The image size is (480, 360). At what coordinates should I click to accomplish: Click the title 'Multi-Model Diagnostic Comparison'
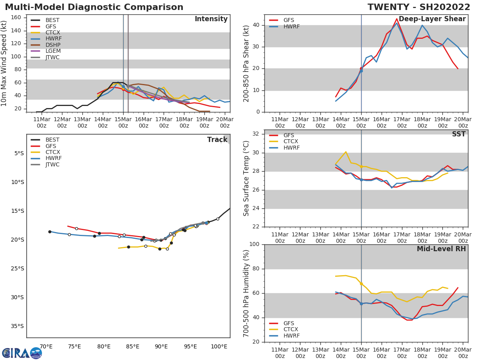tap(94, 7)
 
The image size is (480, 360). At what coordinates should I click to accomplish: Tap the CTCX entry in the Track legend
tap(52, 152)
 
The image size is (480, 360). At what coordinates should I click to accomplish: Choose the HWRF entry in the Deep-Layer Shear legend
tap(291, 26)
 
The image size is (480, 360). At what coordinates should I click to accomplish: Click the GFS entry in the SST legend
tap(288, 135)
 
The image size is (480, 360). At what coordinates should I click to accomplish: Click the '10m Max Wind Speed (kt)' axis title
tap(4, 63)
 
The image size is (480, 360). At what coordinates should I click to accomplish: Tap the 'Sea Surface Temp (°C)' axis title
tap(246, 178)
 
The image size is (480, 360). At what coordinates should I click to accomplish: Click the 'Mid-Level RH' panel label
tap(441, 249)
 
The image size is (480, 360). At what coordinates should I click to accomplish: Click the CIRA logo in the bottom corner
tap(22, 353)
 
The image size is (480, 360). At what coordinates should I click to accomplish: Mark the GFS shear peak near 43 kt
tap(396, 19)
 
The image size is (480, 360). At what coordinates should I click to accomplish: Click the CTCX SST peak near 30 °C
tap(346, 152)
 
